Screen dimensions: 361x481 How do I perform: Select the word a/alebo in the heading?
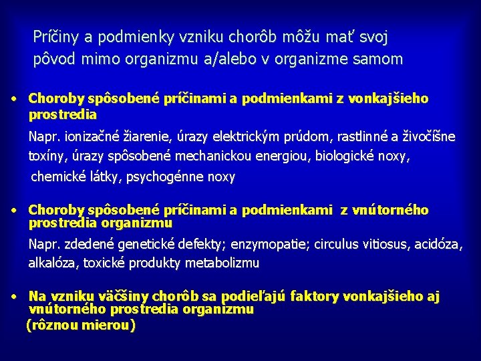198,59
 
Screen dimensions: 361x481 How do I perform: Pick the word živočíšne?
430,137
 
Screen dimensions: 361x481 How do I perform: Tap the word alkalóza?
53,263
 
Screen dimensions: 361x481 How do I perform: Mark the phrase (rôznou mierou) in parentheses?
80,326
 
